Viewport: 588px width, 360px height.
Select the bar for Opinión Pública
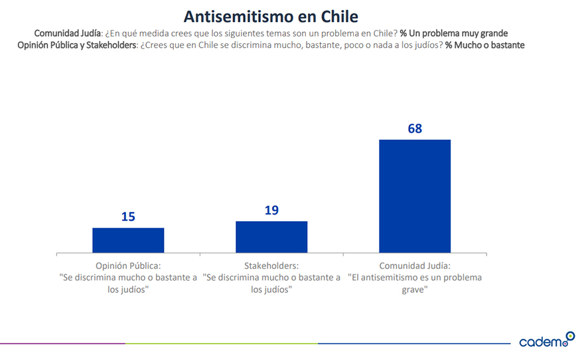click(x=128, y=240)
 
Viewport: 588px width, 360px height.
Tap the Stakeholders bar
click(x=271, y=236)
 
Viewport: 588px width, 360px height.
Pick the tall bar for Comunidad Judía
click(x=415, y=196)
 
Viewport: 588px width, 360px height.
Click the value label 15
click(x=128, y=217)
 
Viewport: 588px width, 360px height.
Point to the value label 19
click(x=271, y=211)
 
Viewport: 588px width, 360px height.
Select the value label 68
click(x=415, y=128)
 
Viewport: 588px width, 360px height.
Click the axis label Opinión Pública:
click(x=128, y=266)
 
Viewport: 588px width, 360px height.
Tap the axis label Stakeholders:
click(x=271, y=266)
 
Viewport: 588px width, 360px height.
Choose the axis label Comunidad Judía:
click(x=415, y=266)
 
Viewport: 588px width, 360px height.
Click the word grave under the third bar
click(x=415, y=290)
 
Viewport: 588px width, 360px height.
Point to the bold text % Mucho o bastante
click(x=485, y=45)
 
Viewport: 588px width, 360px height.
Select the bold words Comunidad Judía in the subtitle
click(x=68, y=33)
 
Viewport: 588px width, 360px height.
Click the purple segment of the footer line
click(x=63, y=343)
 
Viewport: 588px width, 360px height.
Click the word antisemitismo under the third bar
click(x=402, y=278)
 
